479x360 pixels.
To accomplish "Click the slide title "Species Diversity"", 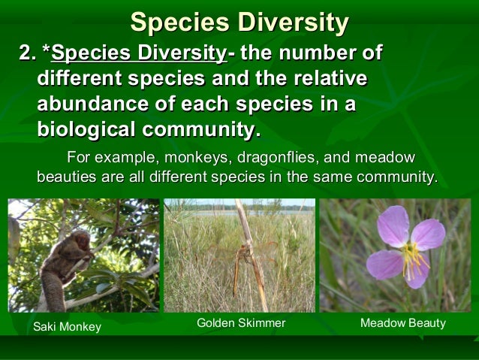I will click(x=239, y=23).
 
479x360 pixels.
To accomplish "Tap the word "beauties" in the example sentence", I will click(x=64, y=178).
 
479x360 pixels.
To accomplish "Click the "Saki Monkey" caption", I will click(x=68, y=326).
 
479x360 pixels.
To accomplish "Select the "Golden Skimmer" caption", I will click(x=241, y=323).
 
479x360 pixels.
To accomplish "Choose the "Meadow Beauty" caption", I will click(x=402, y=323).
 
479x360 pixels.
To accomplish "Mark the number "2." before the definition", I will click(x=28, y=55).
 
